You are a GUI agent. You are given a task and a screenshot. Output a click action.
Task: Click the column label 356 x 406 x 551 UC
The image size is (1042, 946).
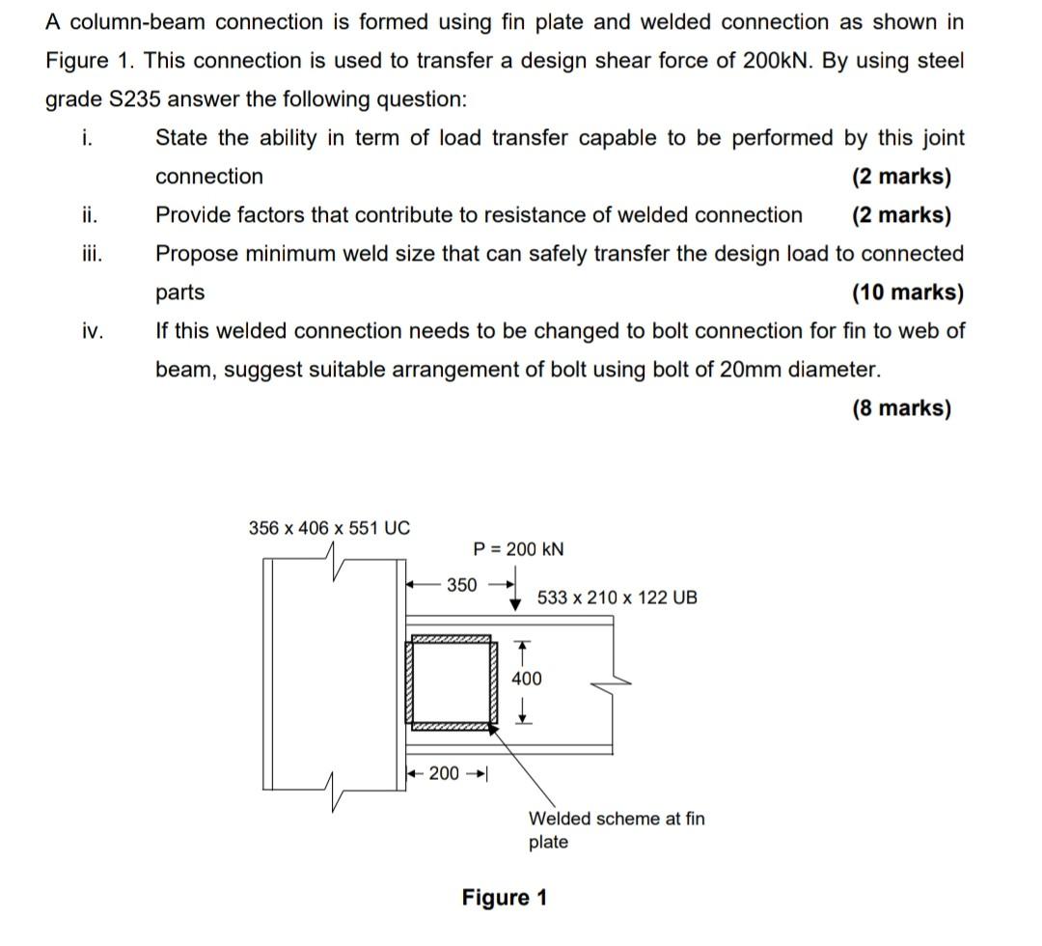click(329, 528)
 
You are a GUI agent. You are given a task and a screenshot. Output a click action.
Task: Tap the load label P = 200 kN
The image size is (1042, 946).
click(519, 549)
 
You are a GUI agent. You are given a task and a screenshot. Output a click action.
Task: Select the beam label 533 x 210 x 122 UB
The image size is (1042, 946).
click(617, 598)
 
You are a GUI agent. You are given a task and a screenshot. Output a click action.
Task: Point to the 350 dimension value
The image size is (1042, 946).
click(461, 585)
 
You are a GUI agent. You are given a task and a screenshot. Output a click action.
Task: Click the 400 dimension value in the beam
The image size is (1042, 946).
click(526, 679)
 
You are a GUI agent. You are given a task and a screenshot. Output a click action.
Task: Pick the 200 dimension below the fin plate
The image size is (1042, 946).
click(444, 773)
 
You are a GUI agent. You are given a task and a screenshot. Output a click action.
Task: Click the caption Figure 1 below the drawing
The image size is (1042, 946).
click(504, 898)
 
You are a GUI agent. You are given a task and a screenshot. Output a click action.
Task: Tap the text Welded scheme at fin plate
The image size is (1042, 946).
click(616, 829)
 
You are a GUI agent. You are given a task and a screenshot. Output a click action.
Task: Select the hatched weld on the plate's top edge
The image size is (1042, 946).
click(452, 639)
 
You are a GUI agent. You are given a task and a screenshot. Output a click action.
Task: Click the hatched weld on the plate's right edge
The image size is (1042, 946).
click(494, 683)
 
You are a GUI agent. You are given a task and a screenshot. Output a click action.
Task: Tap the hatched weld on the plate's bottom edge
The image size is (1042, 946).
click(452, 729)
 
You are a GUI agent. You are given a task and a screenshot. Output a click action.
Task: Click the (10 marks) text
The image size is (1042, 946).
click(907, 292)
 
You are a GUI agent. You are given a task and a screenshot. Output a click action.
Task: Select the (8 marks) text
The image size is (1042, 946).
click(901, 408)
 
